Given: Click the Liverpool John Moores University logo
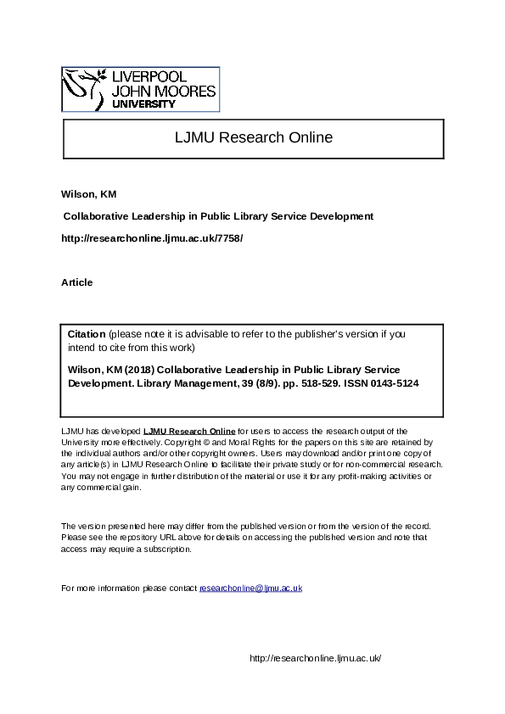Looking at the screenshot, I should point(141,89).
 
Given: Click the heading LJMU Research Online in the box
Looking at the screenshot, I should point(253,137).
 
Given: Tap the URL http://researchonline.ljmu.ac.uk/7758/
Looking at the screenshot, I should point(152,238).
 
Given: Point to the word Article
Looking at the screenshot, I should point(77,282).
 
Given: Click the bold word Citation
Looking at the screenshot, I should point(87,334).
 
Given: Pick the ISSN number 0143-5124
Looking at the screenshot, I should point(391,383).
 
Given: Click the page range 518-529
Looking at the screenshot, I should point(319,383).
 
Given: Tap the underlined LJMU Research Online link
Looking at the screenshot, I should point(189,432).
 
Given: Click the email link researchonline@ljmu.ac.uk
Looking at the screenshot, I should point(250,588).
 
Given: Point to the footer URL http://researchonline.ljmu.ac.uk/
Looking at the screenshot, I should point(316,658).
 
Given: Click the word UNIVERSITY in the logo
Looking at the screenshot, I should point(144,104).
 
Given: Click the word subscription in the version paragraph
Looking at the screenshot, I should point(166,549).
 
